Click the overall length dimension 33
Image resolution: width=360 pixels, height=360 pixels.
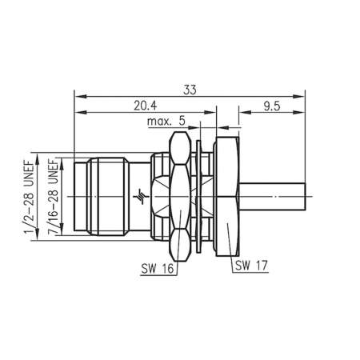pyautogui.click(x=190, y=89)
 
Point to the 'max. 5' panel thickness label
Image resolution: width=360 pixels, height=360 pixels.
pyautogui.click(x=166, y=122)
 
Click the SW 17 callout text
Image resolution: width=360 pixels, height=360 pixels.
pyautogui.click(x=251, y=265)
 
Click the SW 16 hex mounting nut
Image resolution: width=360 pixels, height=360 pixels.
pyautogui.click(x=180, y=194)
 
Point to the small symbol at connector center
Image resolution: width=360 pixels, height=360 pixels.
pyautogui.click(x=143, y=194)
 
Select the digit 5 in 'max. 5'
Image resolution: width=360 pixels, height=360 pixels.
pyautogui.click(x=182, y=122)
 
